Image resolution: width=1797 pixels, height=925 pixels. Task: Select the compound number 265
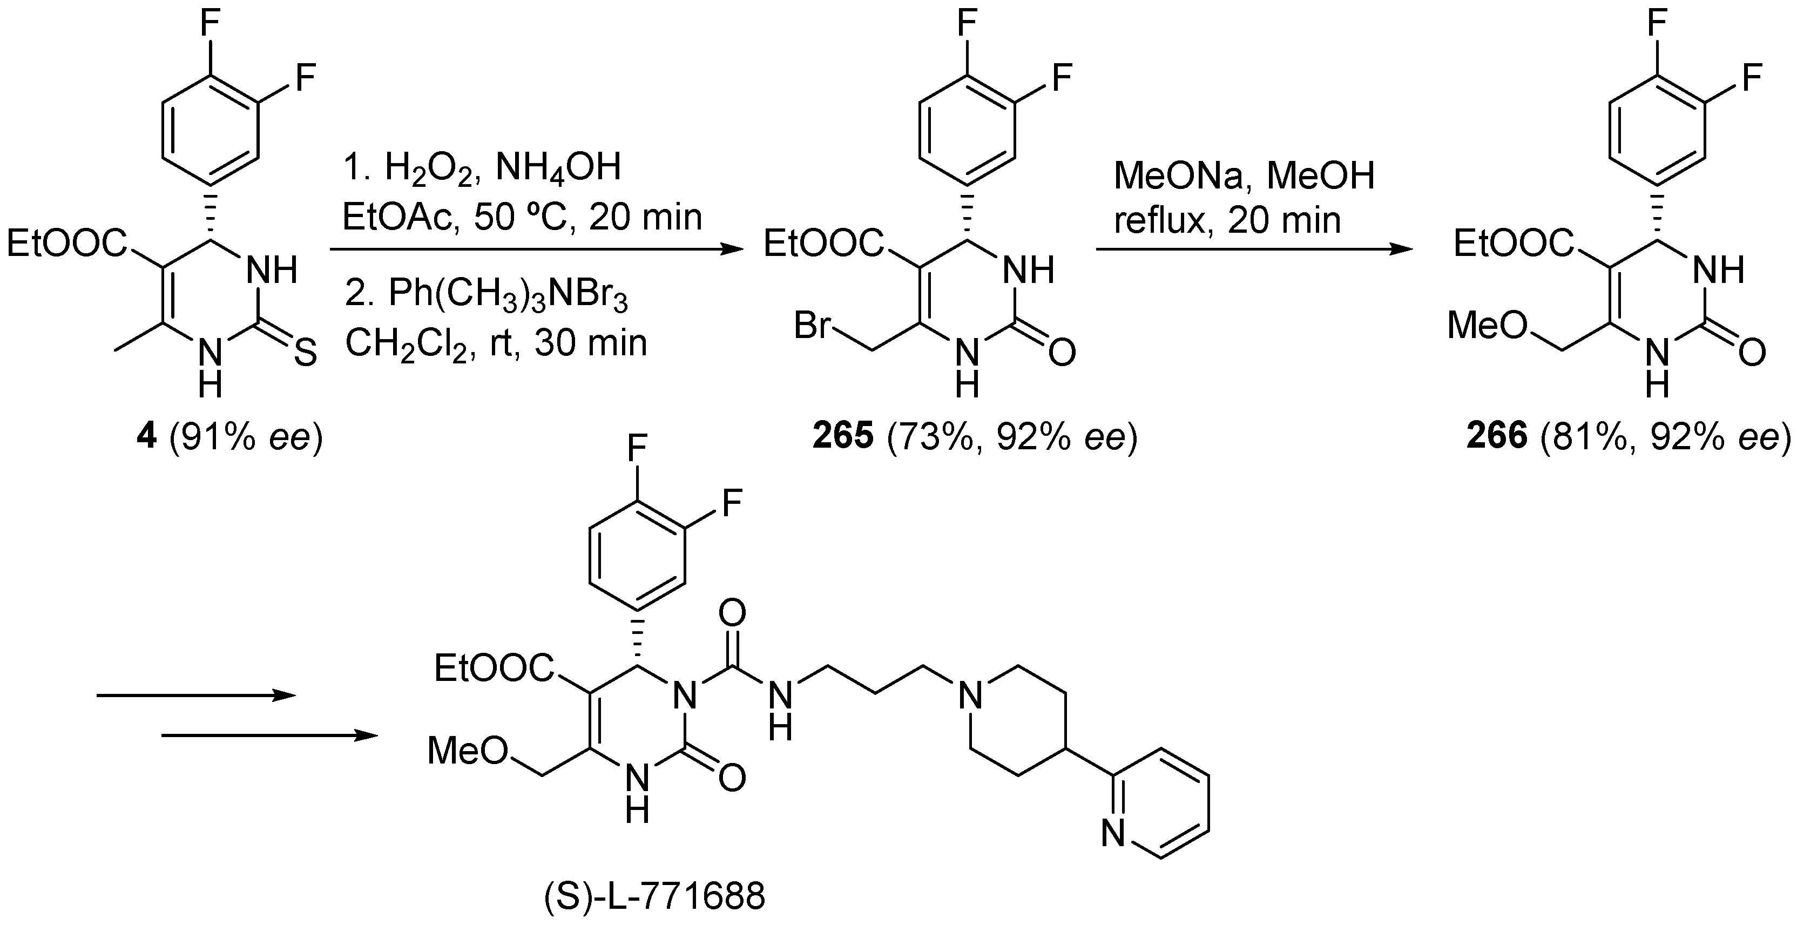click(x=843, y=436)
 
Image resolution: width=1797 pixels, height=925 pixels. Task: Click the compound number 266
click(x=1497, y=436)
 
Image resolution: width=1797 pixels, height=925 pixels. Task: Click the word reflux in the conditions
click(x=1158, y=220)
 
